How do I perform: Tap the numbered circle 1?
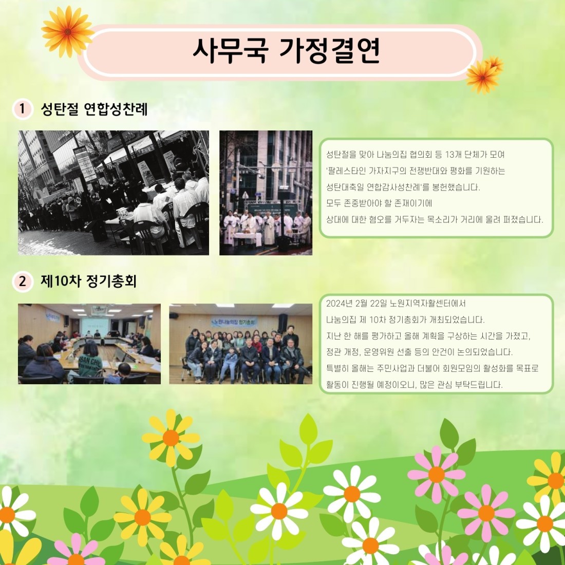click(22, 108)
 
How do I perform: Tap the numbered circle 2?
click(22, 281)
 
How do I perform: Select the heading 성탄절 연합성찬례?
click(94, 108)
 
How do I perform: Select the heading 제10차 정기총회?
click(88, 281)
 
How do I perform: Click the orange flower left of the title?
click(67, 32)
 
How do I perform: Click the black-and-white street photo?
click(114, 193)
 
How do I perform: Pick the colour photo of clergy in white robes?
click(266, 193)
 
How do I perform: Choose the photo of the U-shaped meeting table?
click(89, 344)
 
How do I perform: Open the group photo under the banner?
click(241, 344)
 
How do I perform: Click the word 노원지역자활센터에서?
click(428, 304)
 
